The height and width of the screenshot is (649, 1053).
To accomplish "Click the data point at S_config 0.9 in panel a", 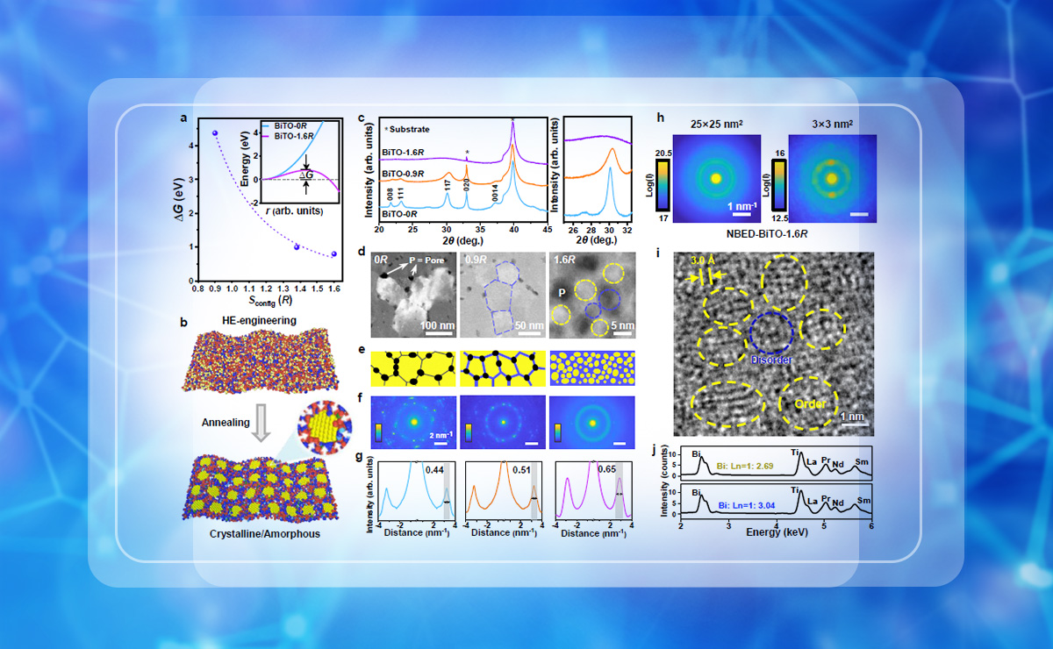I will (x=215, y=133).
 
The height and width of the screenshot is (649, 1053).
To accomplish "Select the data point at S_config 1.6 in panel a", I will (x=333, y=255).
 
